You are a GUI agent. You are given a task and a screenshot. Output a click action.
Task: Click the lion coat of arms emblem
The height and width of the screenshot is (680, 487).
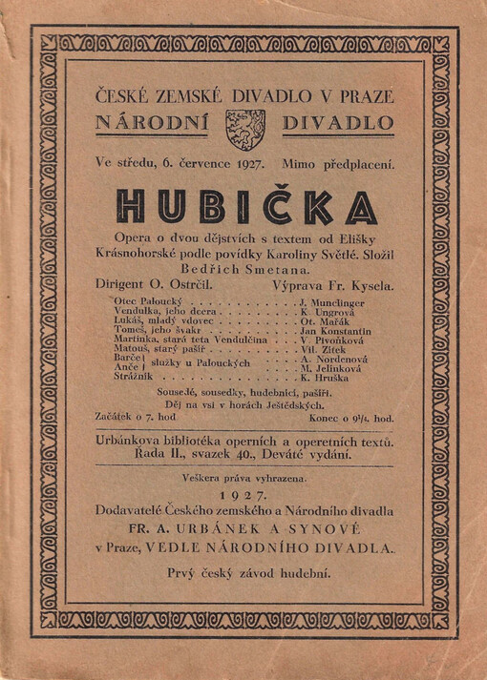point(244,129)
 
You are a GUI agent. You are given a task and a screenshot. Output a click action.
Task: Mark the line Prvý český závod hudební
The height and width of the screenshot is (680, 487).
point(244,572)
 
